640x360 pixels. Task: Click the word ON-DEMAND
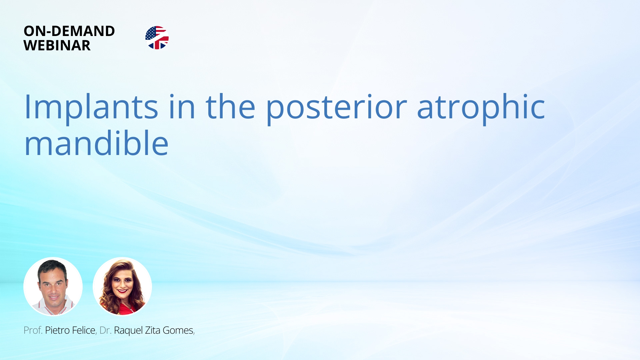69,31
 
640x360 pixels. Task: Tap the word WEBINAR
57,45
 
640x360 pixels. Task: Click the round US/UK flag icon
157,38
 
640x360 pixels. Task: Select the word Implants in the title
91,107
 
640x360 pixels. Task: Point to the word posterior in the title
336,107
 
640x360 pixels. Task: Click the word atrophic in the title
481,107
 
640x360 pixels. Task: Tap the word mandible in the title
97,143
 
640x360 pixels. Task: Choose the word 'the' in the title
231,107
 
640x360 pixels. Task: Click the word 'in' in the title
182,107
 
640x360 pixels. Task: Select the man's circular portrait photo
53,286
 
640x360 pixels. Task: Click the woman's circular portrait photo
122,286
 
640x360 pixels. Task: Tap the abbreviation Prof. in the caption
33,330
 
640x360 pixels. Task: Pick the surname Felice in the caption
84,330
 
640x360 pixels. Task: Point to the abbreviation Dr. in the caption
105,330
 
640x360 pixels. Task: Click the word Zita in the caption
153,330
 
